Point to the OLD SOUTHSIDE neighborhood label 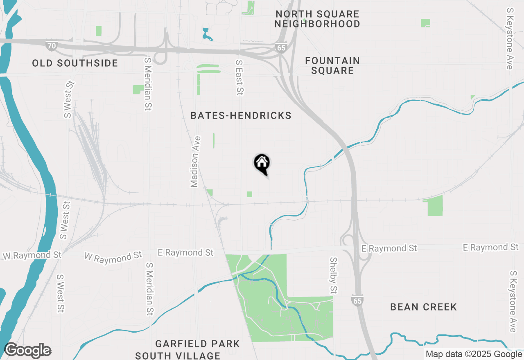click(75, 63)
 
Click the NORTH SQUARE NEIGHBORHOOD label click(317, 19)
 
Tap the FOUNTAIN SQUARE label click(332, 65)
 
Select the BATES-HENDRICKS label click(241, 116)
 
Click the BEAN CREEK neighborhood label click(423, 307)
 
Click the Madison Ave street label click(195, 162)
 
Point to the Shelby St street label click(333, 275)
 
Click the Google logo click(27, 351)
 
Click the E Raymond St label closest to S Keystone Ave click(491, 248)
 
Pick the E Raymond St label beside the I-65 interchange click(389, 248)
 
